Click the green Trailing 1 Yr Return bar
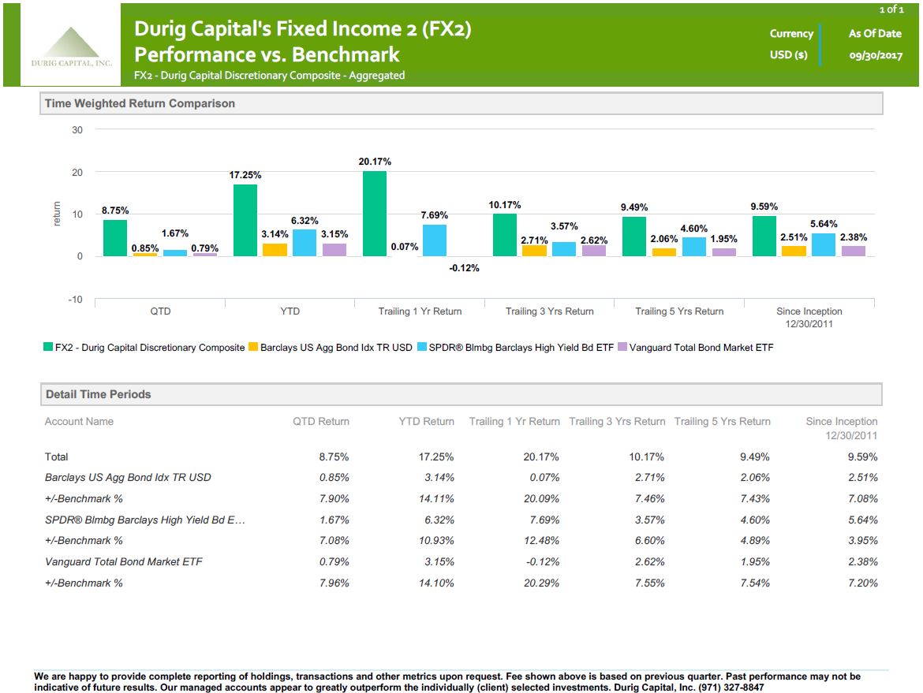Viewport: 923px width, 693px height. coord(375,214)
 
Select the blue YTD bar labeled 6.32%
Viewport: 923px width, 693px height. coord(305,243)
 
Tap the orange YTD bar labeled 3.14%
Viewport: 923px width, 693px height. coord(275,250)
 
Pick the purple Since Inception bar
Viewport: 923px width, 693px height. coord(854,251)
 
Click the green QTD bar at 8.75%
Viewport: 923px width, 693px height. coord(115,238)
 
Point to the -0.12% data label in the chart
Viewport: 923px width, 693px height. coord(464,268)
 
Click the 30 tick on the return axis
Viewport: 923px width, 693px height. coord(77,130)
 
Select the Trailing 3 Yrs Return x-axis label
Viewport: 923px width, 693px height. coord(550,311)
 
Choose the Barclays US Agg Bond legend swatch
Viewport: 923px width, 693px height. coord(253,348)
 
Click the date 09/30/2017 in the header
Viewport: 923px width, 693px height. coord(875,55)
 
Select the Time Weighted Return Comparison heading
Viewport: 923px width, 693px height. coord(140,103)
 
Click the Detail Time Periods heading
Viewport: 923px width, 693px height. coord(98,394)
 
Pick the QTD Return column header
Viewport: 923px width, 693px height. coord(321,422)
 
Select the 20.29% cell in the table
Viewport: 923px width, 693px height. coord(544,583)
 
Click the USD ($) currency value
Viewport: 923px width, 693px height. coord(789,55)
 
